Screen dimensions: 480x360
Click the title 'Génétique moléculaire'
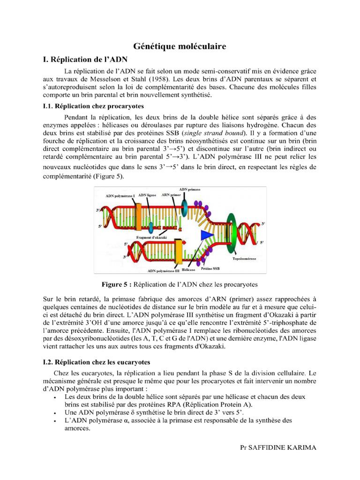click(180, 46)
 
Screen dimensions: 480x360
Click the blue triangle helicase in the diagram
click(205, 237)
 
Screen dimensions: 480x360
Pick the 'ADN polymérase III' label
click(164, 270)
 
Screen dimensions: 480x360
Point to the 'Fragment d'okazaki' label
click(152, 238)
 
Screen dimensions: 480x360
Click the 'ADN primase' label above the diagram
click(189, 189)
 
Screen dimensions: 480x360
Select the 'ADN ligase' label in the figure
click(148, 194)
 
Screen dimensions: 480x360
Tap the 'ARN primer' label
click(171, 194)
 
